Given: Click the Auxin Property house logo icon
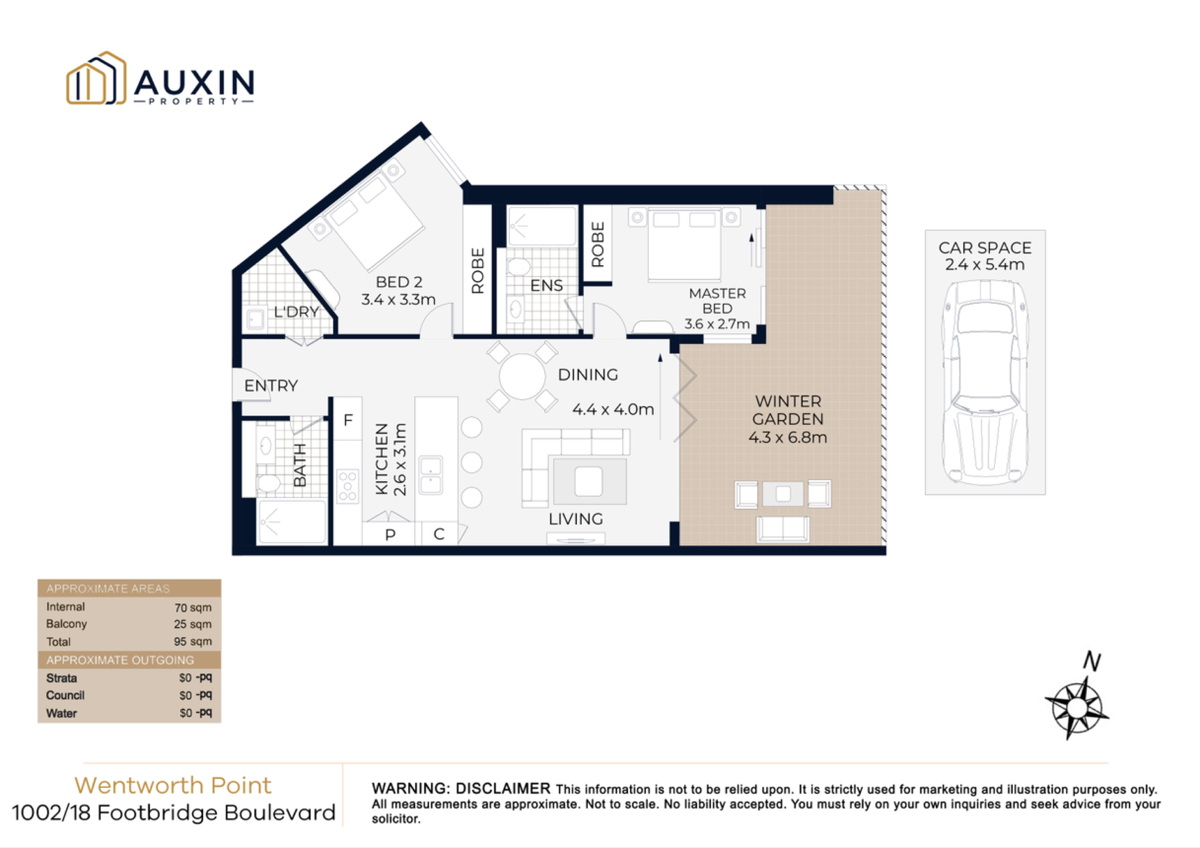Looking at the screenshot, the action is click(x=96, y=79).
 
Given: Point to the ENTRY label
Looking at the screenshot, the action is click(x=271, y=386).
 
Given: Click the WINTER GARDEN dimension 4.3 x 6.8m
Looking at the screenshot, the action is click(x=787, y=437).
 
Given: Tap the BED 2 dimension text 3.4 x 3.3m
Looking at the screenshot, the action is click(x=398, y=299).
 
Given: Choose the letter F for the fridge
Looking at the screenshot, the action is click(x=348, y=420).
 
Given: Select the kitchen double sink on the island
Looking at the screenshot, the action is click(x=430, y=475).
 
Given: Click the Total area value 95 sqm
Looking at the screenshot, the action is click(x=193, y=642).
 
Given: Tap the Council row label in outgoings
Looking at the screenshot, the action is click(x=65, y=695).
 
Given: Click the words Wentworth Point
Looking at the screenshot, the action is click(x=173, y=785).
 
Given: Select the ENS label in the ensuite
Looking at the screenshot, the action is click(x=546, y=285).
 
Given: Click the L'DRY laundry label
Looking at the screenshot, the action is click(x=296, y=312).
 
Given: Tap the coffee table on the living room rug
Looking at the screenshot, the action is click(x=589, y=481).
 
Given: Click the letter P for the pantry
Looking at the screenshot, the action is click(x=390, y=534).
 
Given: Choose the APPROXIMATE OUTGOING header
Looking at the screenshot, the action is click(x=120, y=660).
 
